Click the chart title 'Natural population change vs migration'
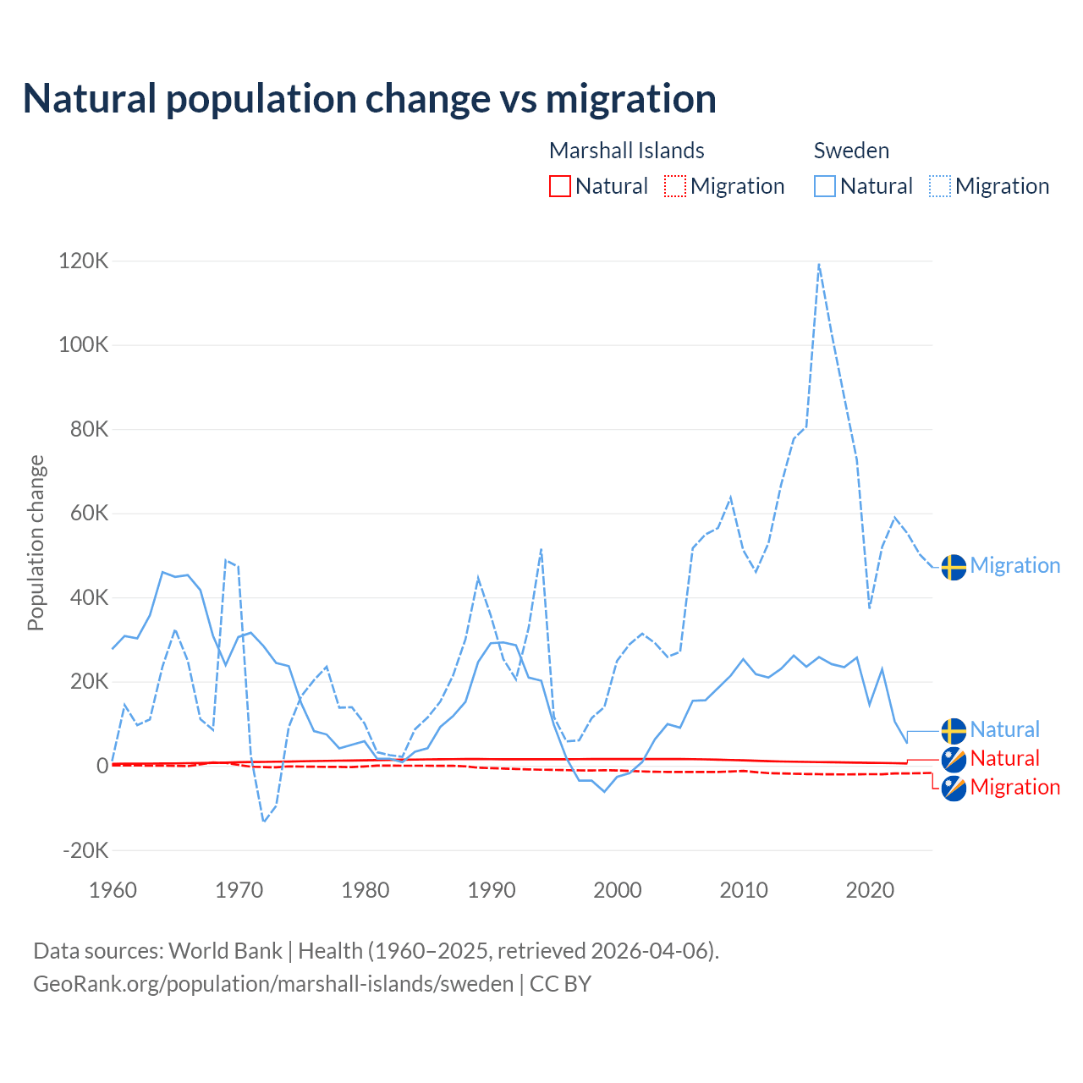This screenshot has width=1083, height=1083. click(369, 98)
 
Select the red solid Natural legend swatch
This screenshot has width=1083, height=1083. click(560, 186)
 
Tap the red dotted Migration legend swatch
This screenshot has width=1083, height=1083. click(675, 186)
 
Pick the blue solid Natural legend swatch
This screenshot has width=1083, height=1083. click(825, 186)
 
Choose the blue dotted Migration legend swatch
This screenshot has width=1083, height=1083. click(940, 186)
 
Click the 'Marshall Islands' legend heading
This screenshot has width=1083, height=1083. click(626, 151)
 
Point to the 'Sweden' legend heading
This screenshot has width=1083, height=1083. click(851, 151)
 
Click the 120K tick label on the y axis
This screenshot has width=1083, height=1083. click(84, 261)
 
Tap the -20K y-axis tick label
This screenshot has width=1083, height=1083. click(85, 850)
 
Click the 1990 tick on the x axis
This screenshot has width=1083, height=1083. click(492, 890)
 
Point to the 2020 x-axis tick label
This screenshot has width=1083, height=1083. click(870, 890)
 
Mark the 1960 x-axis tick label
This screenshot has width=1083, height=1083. click(113, 890)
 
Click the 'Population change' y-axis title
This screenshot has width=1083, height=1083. click(36, 542)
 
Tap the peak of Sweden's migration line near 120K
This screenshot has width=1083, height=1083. click(819, 264)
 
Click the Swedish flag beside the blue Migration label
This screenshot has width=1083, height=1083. click(954, 567)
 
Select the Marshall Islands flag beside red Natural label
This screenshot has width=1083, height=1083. click(954, 759)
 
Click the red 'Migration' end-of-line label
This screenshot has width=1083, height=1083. click(1014, 787)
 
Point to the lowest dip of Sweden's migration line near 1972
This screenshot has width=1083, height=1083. click(264, 821)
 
